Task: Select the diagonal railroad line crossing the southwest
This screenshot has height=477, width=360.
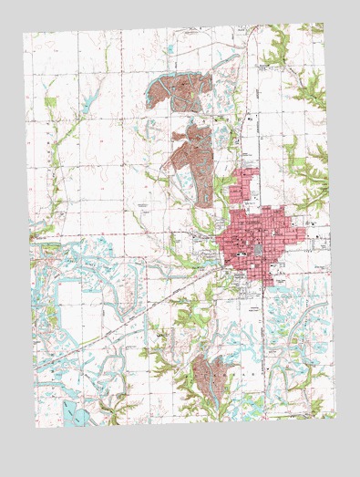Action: (118, 315)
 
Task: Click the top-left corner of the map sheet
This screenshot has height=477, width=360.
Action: (24, 34)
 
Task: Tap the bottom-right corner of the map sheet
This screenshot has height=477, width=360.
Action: (334, 414)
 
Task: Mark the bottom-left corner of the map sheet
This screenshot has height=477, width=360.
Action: (33, 426)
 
